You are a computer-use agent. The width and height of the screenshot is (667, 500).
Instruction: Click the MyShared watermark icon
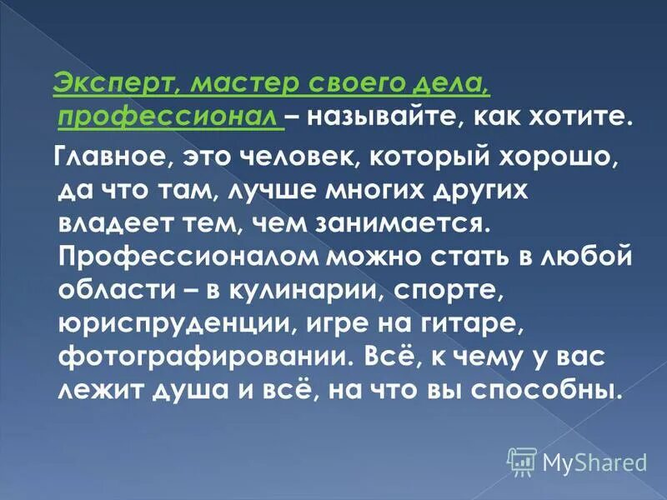[x=522, y=461]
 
